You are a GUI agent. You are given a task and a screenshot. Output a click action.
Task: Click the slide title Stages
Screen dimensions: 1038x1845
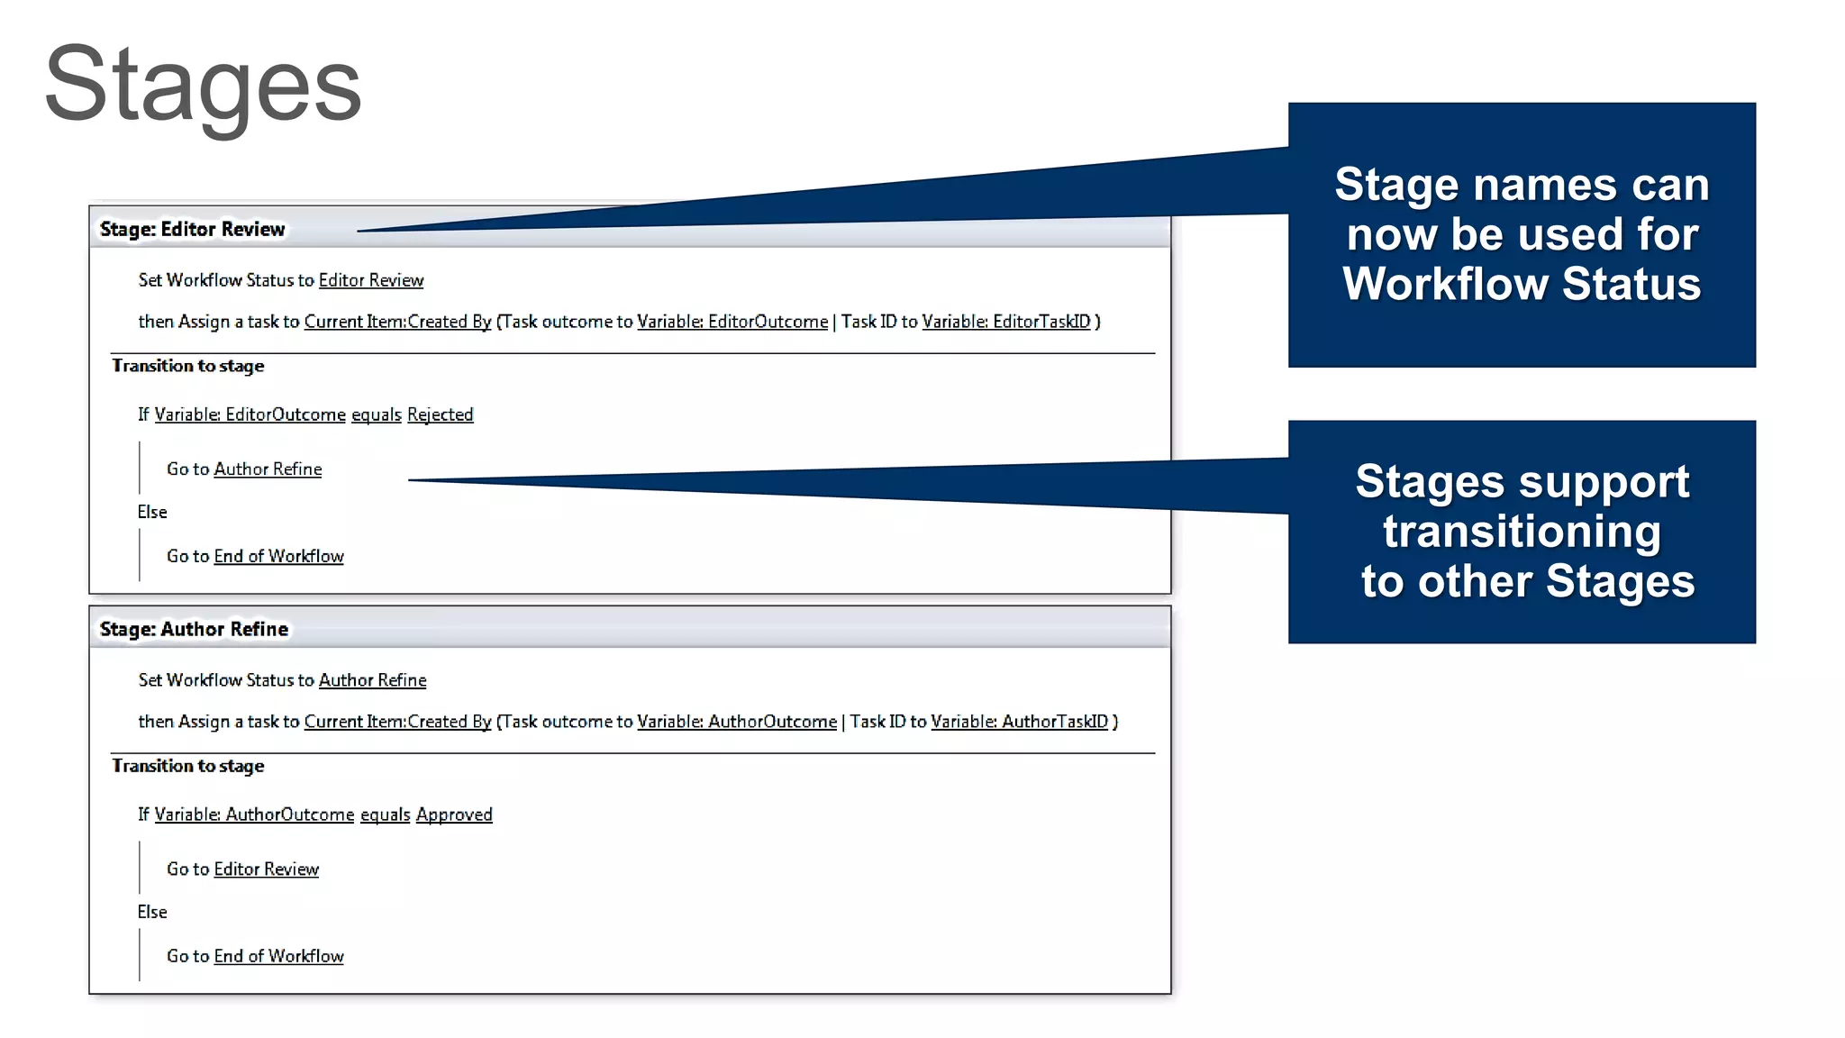(203, 86)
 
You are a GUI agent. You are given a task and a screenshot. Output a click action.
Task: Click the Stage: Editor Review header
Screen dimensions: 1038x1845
(192, 229)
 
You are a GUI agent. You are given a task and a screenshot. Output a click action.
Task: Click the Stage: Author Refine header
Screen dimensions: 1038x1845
(194, 629)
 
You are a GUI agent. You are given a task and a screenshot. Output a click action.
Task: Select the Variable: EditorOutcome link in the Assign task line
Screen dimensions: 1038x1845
(732, 322)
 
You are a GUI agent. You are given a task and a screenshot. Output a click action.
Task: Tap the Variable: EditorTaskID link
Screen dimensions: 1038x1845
(1005, 322)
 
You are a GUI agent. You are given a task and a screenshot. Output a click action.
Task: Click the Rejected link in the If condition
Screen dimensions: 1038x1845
(440, 414)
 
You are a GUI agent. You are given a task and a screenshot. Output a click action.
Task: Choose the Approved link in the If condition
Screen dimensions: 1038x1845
(453, 815)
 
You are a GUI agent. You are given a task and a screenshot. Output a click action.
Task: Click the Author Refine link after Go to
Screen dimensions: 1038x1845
(268, 469)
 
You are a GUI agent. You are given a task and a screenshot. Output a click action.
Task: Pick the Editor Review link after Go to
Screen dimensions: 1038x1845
(266, 870)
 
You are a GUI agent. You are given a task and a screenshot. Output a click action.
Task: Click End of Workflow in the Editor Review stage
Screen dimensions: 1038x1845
(278, 557)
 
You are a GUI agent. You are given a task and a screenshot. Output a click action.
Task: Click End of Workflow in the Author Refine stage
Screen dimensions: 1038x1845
(278, 957)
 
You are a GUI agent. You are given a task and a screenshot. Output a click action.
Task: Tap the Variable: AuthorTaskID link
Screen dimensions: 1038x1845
(1019, 722)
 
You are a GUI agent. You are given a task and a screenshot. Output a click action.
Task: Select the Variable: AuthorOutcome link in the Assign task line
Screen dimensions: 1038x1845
(736, 722)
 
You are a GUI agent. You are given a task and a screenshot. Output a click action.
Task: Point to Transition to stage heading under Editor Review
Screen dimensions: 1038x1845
(187, 366)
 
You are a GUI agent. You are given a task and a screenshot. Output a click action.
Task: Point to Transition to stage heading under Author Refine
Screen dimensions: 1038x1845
(187, 766)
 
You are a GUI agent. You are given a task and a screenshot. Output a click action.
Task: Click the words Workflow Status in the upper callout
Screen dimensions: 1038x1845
(1521, 284)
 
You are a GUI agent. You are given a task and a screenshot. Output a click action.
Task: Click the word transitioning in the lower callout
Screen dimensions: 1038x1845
(1521, 532)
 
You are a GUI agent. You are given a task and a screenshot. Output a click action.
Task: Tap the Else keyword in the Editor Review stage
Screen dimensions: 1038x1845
(152, 513)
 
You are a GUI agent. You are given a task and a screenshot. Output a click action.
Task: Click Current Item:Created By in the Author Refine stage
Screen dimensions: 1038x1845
(397, 722)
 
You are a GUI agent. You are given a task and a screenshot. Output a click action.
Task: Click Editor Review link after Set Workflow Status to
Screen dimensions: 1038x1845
(370, 280)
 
